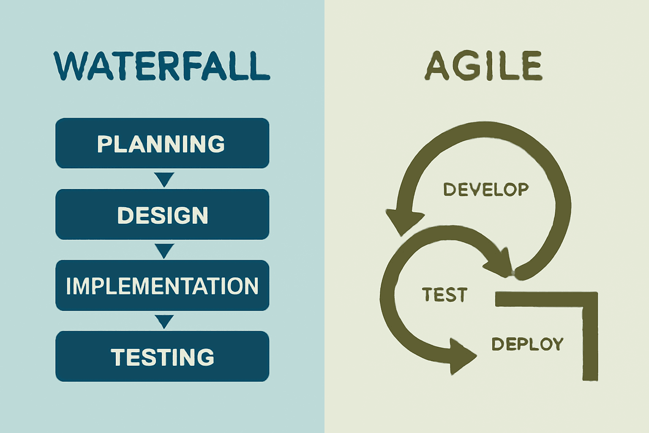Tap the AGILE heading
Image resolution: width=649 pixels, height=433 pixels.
(483, 66)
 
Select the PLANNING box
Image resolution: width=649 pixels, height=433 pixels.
(162, 143)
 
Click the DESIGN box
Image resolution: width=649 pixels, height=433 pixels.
(162, 214)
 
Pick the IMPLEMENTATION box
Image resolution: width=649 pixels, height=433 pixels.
(162, 285)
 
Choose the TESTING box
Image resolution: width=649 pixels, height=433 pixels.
(162, 356)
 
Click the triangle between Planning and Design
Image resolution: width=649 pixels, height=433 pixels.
(164, 178)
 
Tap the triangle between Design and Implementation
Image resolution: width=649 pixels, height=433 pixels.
(164, 250)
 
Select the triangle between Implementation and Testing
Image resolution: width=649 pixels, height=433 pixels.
(164, 321)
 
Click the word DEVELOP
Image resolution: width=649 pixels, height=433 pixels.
(486, 189)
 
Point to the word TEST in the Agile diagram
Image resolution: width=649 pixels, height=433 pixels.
(444, 295)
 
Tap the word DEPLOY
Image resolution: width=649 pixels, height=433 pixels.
(527, 344)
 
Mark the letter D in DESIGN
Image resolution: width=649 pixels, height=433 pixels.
(125, 215)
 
